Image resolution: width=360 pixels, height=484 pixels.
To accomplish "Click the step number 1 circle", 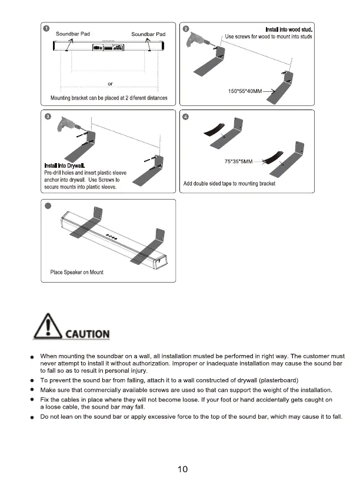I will point(46,29).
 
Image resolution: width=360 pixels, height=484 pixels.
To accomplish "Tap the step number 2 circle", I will point(186,29).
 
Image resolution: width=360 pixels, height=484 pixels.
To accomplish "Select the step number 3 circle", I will point(46,116).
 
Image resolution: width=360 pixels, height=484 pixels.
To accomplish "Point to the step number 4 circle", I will point(186,116).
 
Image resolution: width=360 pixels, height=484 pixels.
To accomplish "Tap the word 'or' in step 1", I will point(110,83).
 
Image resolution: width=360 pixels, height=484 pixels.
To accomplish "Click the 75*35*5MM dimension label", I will point(239,161).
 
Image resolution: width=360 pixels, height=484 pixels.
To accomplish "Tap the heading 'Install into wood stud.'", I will point(288,29).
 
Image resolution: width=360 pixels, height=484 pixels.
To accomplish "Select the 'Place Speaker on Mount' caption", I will point(77,272).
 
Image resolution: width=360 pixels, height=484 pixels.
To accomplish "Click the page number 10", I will point(182,469).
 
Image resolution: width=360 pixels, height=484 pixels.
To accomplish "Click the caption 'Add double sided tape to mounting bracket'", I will point(229,184).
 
